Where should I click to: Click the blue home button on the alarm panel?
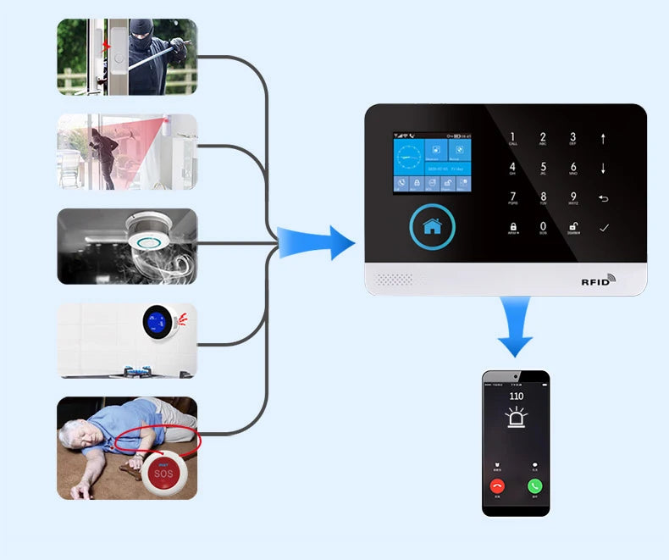(433, 225)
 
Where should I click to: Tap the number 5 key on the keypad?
(543, 168)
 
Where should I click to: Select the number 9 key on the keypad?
(572, 198)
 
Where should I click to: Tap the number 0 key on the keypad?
(543, 228)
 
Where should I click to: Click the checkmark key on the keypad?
(603, 228)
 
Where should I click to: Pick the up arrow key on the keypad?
(603, 138)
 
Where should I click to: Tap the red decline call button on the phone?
(497, 486)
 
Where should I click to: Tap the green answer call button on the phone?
(534, 486)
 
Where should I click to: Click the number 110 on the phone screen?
(516, 396)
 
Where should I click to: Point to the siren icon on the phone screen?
(516, 417)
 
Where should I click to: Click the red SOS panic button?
(163, 473)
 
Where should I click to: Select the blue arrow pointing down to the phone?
(515, 328)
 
